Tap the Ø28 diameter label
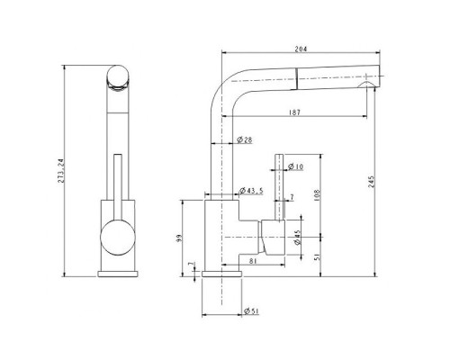pos(244,139)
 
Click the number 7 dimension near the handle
pos(292,198)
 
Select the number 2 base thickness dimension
pos(190,268)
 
